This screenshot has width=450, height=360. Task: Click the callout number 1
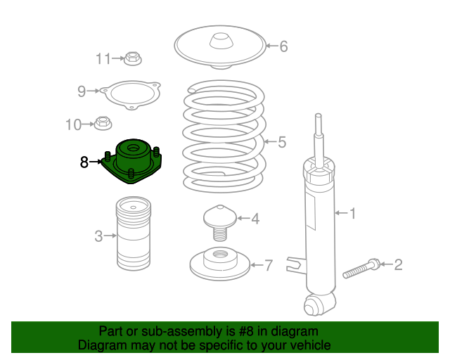pos(354,212)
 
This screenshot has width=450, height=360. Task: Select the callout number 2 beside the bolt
pos(398,265)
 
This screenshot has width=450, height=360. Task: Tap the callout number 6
pos(283,47)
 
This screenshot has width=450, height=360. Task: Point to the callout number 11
pos(103,59)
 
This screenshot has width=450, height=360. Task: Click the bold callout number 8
pos(84,162)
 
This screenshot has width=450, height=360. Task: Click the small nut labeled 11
pos(133,58)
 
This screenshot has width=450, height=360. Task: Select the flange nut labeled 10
pos(103,124)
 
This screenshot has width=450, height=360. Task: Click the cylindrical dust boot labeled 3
pos(133,236)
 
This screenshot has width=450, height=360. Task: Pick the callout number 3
pos(99,236)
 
